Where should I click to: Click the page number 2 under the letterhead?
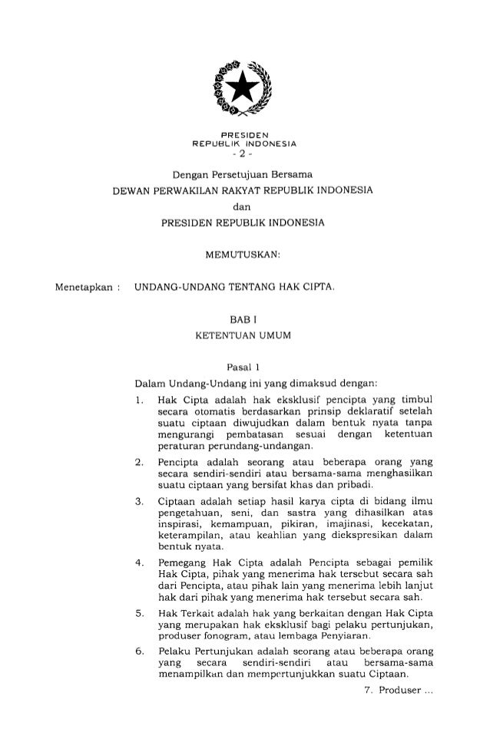pyautogui.click(x=243, y=151)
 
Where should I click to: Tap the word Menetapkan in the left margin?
pyautogui.click(x=80, y=286)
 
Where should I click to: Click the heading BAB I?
pyautogui.click(x=243, y=322)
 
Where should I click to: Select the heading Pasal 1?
pyautogui.click(x=243, y=368)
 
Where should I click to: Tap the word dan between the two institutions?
pyautogui.click(x=243, y=205)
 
